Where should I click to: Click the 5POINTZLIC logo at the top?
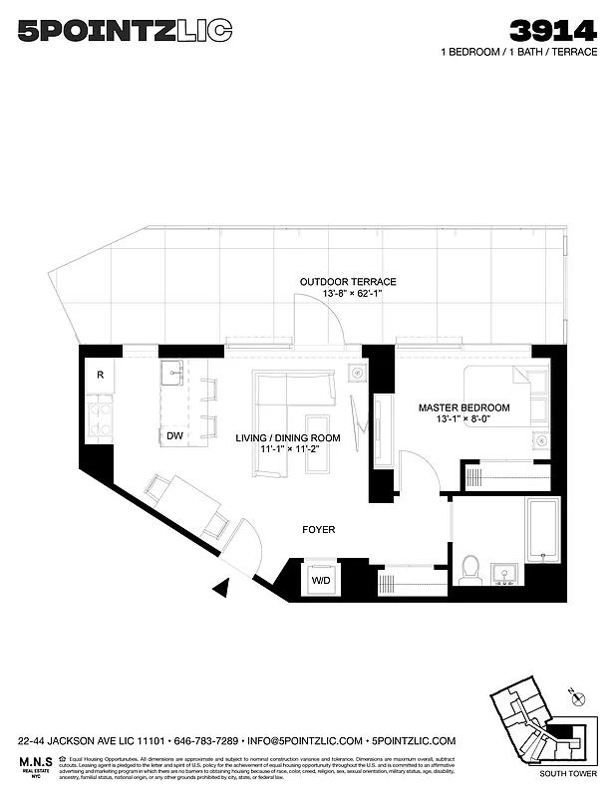point(125,32)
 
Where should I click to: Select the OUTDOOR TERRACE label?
point(348,282)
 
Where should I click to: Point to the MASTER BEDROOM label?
point(463,407)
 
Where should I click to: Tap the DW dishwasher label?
point(174,436)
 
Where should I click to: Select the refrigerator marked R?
point(101,376)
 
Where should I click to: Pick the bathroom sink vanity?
point(505,574)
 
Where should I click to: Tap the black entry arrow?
point(221,589)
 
